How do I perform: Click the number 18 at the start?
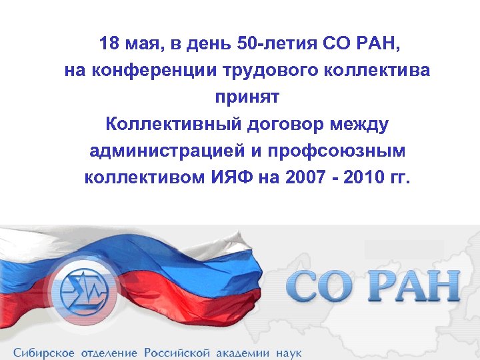[x=109, y=45]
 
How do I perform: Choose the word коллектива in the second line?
[x=374, y=71]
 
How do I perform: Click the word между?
[x=363, y=125]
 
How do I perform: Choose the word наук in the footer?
[x=287, y=351]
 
